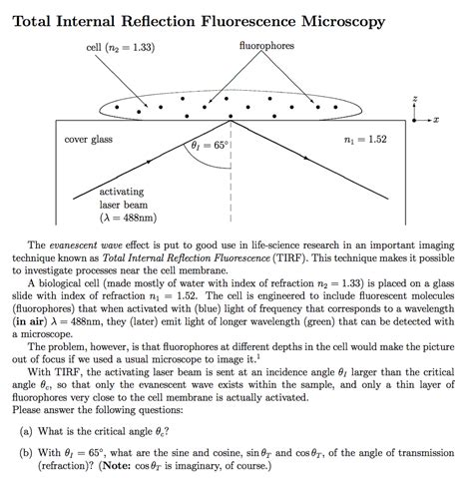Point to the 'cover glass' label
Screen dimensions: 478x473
[x=86, y=139]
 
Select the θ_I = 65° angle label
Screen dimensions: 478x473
[x=212, y=147]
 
